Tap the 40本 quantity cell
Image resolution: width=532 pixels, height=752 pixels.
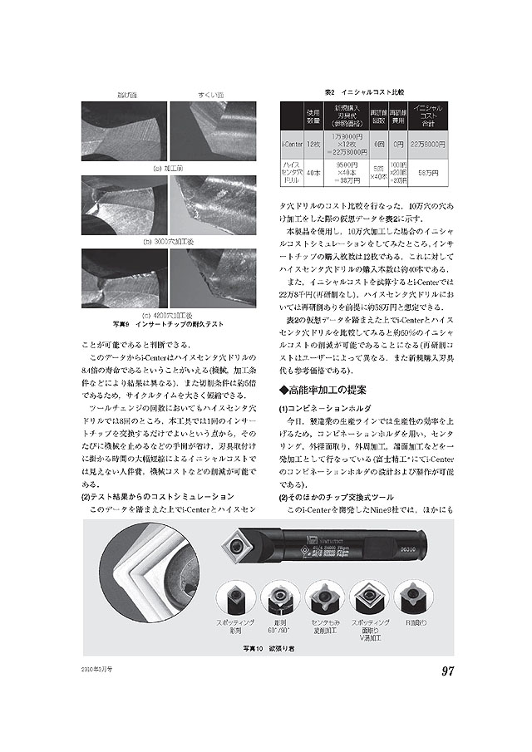[313, 173]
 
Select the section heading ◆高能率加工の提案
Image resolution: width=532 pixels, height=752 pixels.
[324, 389]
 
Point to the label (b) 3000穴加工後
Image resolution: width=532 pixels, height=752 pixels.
[169, 241]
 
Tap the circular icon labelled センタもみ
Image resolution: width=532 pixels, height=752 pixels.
[324, 597]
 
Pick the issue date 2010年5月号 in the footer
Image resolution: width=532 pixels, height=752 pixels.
[97, 667]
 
